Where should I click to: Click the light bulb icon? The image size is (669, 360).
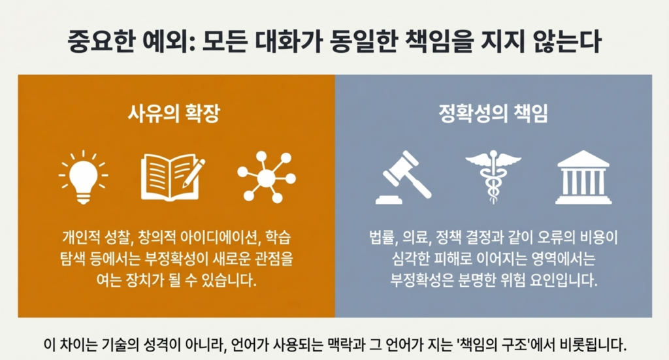pos(83,176)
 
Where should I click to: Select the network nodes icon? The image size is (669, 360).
pos(267,177)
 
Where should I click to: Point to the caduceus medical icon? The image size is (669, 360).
pos(493,177)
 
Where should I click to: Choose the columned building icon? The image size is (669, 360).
pos(583,177)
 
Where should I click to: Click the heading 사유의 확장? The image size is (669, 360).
pos(174,114)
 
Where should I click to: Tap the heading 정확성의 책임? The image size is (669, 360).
pos(493,114)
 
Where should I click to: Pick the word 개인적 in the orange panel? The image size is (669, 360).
pos(80,238)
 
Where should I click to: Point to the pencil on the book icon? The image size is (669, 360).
pos(193,173)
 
